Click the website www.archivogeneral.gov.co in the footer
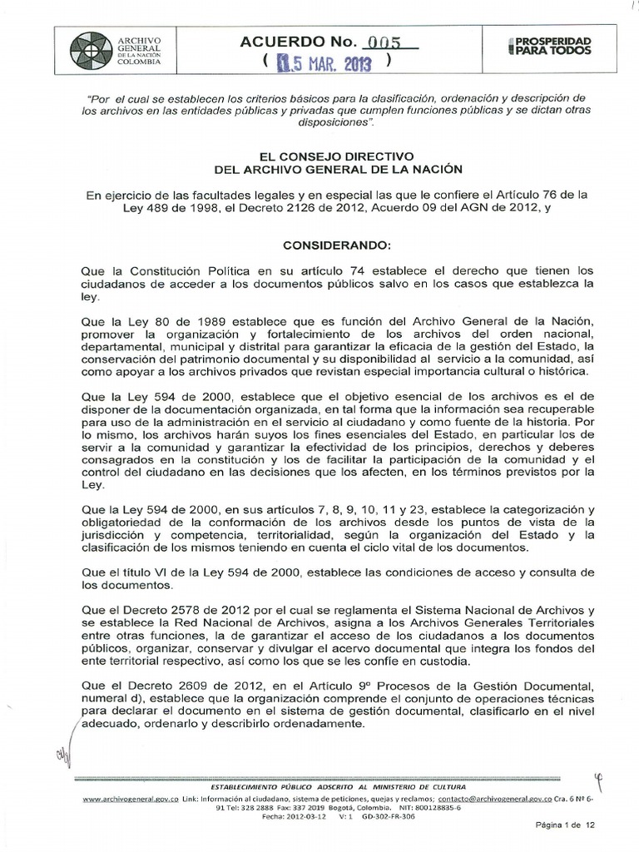pyautogui.click(x=122, y=798)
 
